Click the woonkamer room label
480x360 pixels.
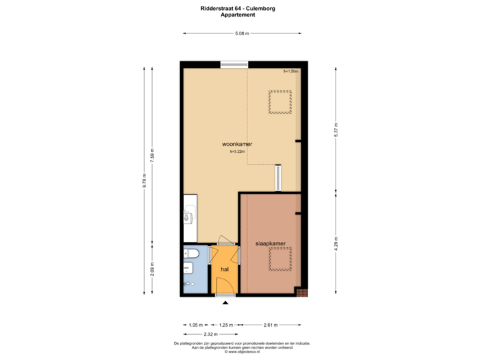click(x=237, y=144)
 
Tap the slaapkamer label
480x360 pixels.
click(x=271, y=244)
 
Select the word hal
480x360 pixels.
click(x=225, y=269)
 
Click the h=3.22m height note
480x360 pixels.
click(x=237, y=152)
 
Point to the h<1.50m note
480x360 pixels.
click(x=291, y=71)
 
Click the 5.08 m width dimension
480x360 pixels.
click(x=241, y=33)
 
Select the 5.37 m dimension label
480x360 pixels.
click(x=336, y=129)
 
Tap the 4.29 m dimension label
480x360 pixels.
click(x=336, y=243)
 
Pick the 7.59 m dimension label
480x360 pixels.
click(x=152, y=155)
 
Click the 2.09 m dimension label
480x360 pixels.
click(x=152, y=269)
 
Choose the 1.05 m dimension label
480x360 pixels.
click(x=195, y=325)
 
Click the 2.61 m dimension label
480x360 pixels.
click(x=271, y=325)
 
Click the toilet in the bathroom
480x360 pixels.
click(x=191, y=254)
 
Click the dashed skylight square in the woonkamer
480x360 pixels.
click(x=280, y=102)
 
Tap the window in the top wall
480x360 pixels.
click(x=233, y=64)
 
